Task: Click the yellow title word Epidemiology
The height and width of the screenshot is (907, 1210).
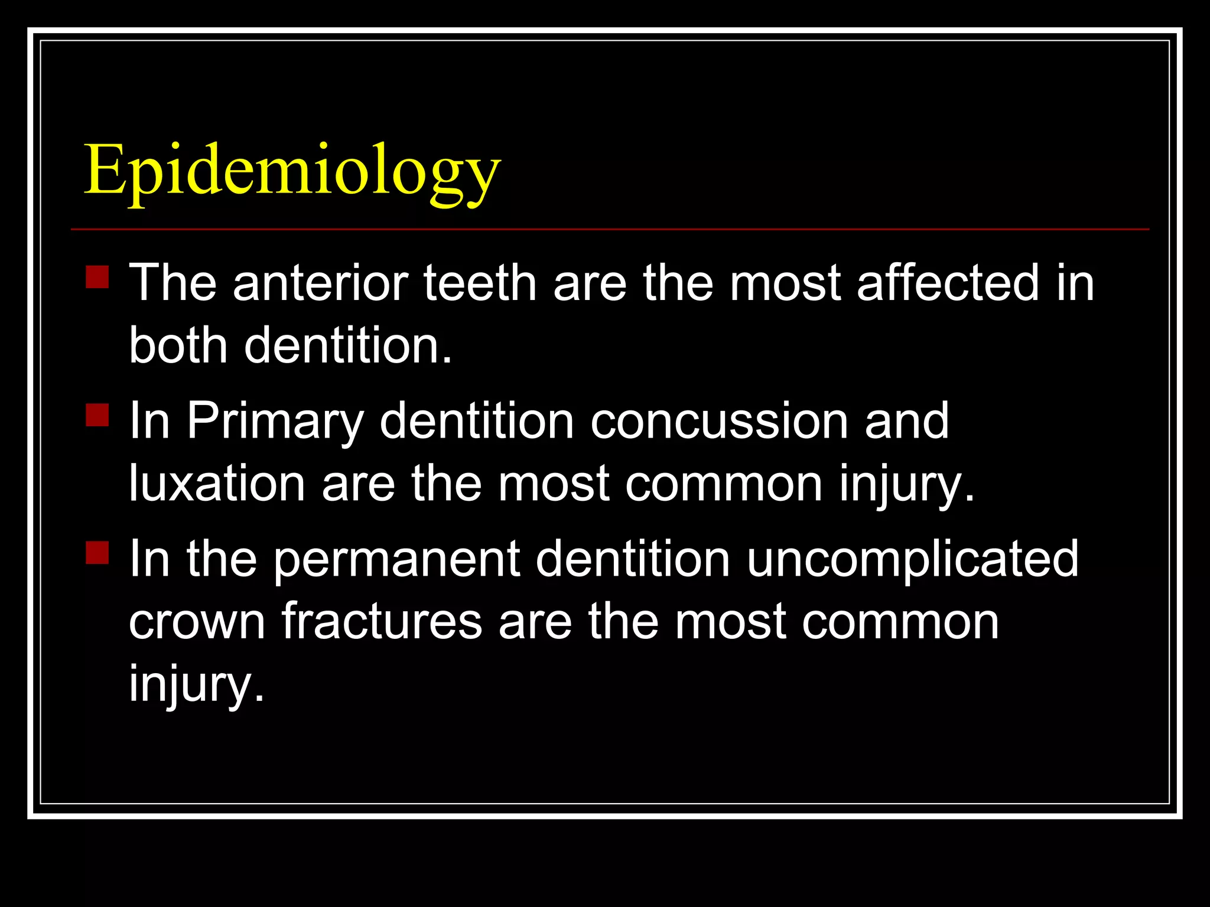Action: (292, 171)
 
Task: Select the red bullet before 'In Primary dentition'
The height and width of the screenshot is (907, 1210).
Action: (97, 415)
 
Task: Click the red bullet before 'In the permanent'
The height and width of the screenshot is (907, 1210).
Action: (97, 553)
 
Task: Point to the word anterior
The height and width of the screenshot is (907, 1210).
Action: (321, 283)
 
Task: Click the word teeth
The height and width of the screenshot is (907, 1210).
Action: (480, 283)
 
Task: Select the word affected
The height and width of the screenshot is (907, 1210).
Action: (948, 283)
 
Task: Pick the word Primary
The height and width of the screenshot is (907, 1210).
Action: (275, 422)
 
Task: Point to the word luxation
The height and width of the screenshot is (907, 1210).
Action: (217, 484)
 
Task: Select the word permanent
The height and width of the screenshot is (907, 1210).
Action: (396, 559)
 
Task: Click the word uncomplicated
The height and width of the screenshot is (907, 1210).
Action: (912, 559)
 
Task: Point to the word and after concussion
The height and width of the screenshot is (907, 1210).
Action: (906, 421)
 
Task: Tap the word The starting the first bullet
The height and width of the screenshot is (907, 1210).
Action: (173, 283)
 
